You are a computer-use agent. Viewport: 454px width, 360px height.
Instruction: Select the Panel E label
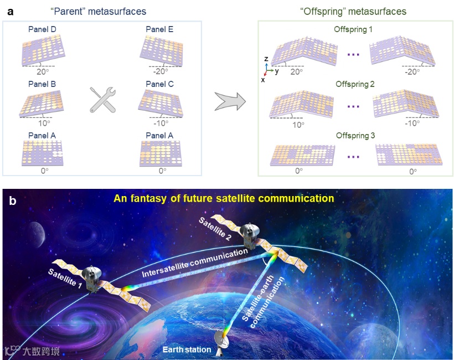point(159,29)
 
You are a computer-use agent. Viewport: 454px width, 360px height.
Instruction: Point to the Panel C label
point(159,84)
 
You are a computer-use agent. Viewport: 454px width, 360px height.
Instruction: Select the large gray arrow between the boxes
point(229,99)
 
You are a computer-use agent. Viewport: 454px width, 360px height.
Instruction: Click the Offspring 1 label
point(354,29)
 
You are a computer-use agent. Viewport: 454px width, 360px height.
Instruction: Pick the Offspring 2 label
point(354,84)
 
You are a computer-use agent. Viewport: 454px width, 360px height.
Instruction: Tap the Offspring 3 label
point(354,135)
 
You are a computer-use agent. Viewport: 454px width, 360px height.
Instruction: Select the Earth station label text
point(187,349)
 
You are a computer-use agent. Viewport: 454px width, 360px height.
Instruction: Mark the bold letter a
point(9,11)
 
